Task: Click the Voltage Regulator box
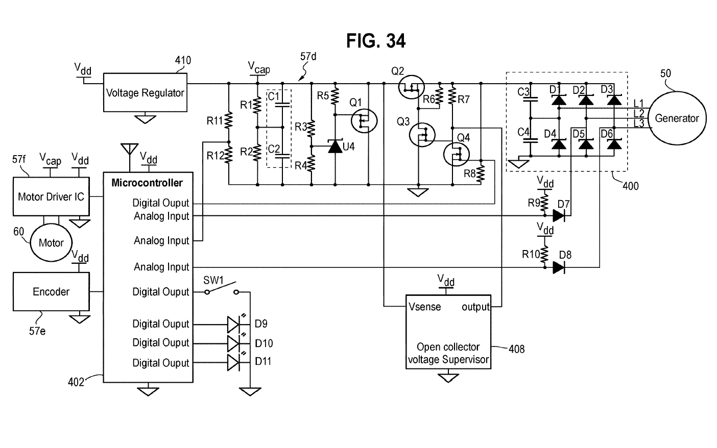point(145,92)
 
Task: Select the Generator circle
point(677,118)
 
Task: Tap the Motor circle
point(51,243)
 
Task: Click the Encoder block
point(51,291)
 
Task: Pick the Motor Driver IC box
point(51,196)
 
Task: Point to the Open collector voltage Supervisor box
point(448,332)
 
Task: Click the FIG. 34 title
point(376,41)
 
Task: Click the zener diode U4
point(335,147)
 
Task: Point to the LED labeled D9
point(233,323)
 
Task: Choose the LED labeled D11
point(233,363)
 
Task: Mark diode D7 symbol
point(559,216)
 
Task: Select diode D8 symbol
point(559,267)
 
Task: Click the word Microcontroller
point(147,183)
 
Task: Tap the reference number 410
point(183,61)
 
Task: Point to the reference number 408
point(516,349)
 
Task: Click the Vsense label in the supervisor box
point(425,307)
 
